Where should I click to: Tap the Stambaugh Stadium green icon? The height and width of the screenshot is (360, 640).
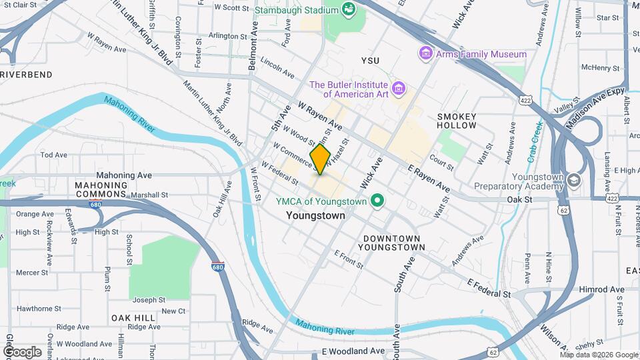[347, 9]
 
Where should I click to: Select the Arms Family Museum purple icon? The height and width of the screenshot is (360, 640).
[425, 53]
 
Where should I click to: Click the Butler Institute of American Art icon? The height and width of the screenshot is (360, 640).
[398, 88]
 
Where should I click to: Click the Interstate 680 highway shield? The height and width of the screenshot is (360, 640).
[217, 266]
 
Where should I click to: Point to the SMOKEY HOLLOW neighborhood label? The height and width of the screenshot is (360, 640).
[457, 121]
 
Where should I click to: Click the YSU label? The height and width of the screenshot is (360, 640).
[370, 61]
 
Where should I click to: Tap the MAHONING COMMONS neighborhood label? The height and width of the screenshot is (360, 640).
[101, 190]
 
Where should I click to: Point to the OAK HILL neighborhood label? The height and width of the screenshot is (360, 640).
[133, 318]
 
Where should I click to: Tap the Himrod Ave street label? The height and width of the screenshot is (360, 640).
[602, 289]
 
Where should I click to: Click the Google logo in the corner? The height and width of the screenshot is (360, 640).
[22, 351]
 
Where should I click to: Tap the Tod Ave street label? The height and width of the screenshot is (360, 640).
[54, 155]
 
